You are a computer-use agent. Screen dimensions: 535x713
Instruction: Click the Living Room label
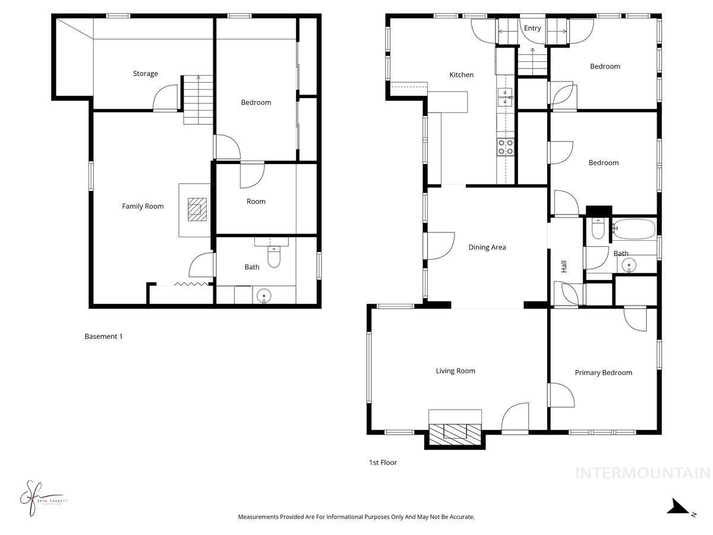tap(455, 371)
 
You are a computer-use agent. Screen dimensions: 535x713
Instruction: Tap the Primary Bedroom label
tap(603, 373)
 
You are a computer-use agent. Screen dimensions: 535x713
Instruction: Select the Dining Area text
tap(487, 247)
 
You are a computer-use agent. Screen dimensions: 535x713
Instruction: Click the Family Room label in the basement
tap(143, 206)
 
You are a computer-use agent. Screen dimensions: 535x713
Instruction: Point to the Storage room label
tap(145, 74)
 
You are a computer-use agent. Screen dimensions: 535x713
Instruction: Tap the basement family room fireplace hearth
tap(195, 209)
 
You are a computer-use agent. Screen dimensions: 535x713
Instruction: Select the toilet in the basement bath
tap(273, 257)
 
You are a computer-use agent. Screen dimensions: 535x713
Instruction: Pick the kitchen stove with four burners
tap(506, 147)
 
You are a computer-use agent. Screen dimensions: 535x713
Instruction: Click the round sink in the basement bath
tap(263, 295)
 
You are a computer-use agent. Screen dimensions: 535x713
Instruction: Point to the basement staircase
tap(197, 100)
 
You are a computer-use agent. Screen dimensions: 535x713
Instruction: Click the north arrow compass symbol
tap(679, 507)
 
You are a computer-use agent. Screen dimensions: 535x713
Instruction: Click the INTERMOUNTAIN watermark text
tap(643, 473)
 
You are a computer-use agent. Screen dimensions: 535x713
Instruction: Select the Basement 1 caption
tap(103, 336)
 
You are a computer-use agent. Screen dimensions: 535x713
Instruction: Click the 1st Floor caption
tap(383, 462)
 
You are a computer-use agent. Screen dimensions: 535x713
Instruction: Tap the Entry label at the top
tap(532, 28)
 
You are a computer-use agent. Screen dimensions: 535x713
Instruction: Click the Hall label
tap(564, 267)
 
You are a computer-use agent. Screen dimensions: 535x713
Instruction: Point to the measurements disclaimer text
tap(356, 517)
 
